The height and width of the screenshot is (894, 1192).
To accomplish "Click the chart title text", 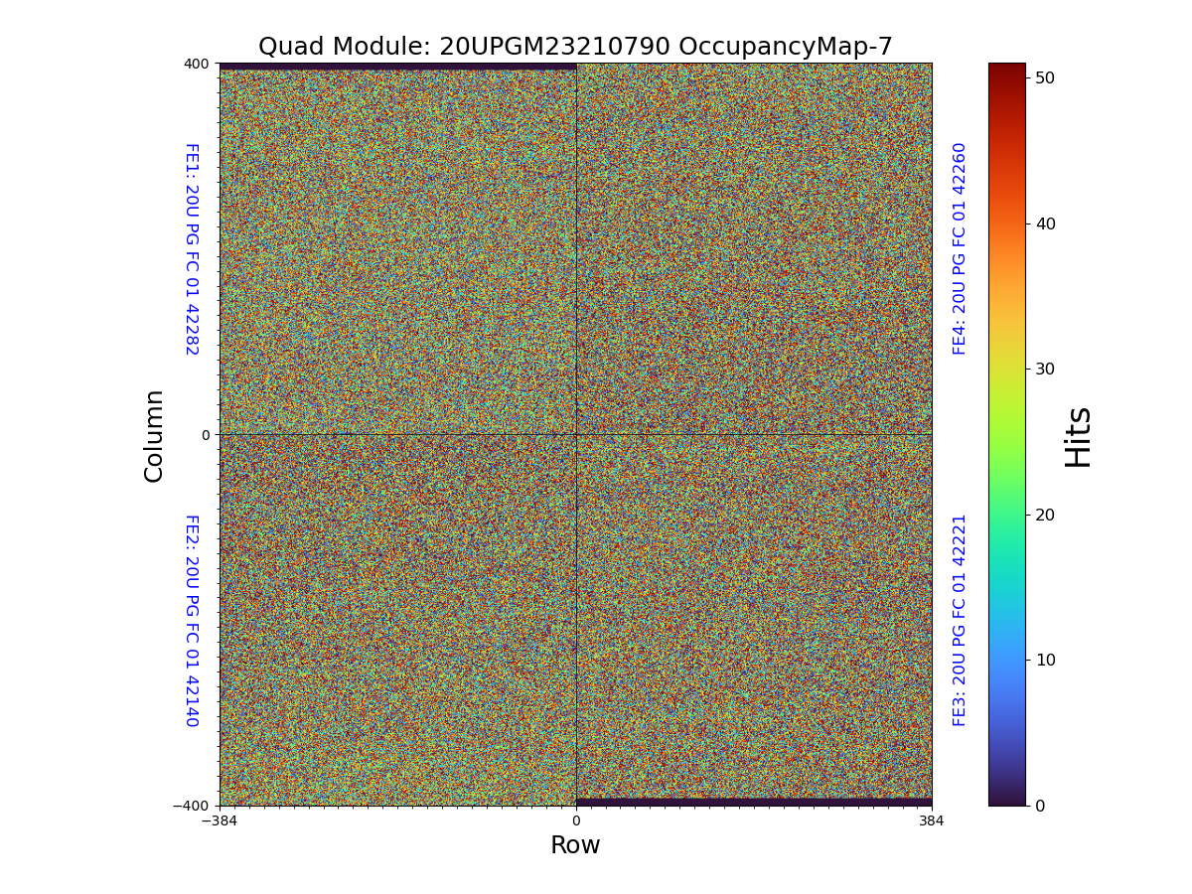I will point(575,47).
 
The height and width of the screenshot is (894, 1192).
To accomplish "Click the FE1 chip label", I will point(192,248).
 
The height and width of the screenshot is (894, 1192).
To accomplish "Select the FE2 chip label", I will point(192,620).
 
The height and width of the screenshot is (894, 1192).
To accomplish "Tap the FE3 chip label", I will point(960,620).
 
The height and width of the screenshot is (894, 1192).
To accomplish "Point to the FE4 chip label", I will point(960,248).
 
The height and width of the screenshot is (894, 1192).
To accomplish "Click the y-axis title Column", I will point(154,435).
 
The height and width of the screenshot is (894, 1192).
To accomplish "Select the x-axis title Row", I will point(575,845).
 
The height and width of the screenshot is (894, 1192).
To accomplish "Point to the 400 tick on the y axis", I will point(197,64).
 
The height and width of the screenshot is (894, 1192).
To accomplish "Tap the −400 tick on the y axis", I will point(192,806).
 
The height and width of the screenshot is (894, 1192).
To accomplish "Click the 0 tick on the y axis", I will point(206,435).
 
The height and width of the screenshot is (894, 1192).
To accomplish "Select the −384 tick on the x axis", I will point(220,821).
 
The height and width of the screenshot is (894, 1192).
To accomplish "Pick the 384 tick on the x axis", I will point(932,821).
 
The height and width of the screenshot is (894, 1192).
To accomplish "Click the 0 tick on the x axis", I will point(576,821).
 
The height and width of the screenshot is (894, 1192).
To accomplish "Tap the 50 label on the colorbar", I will point(1044,77).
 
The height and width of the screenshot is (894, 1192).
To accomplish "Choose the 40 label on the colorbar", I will point(1044,223).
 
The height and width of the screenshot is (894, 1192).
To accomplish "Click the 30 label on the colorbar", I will point(1044,369).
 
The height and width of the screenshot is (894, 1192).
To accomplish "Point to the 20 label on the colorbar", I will point(1044,515).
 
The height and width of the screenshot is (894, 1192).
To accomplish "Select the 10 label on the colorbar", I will point(1044,660).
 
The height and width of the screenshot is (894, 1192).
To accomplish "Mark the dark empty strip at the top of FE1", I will point(397,67).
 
